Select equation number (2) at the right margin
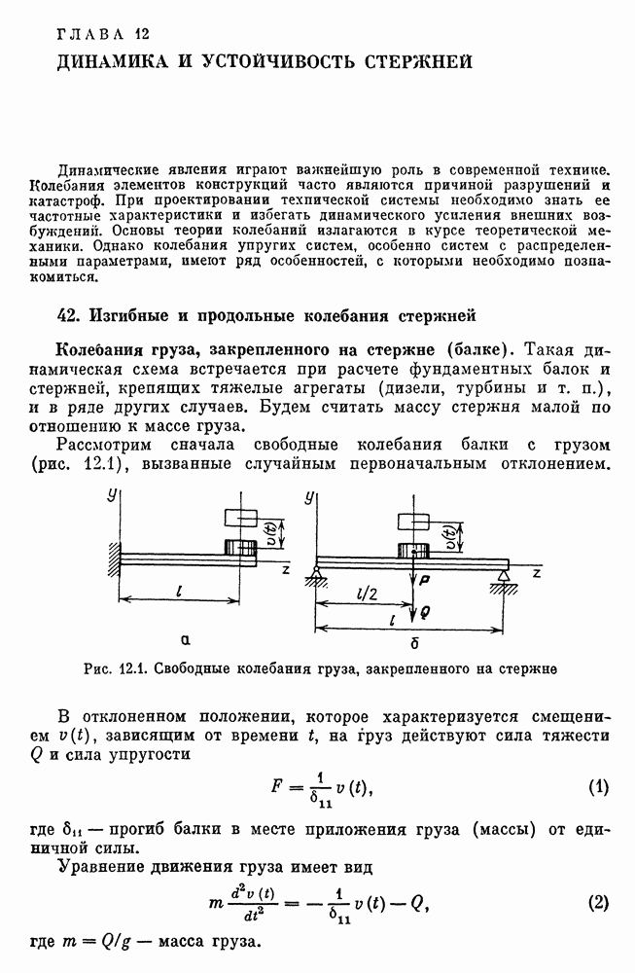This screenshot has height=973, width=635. click(598, 902)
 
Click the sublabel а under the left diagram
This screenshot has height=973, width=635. click(184, 639)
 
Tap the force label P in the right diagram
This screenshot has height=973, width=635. click(425, 579)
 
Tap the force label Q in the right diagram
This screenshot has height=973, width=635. click(425, 613)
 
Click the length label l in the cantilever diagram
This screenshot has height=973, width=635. click(182, 591)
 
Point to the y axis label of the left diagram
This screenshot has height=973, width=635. click(113, 498)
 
